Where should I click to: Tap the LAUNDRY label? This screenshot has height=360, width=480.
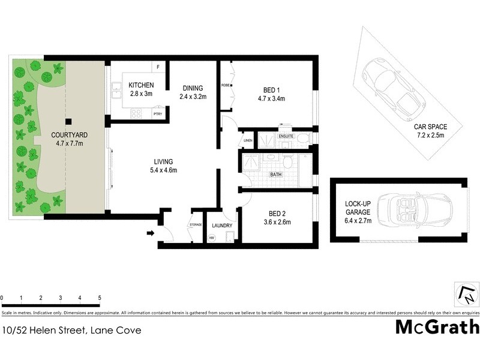click(222, 226)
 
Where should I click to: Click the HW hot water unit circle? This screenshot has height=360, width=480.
click(211, 238)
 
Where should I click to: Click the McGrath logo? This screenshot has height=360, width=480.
click(437, 327)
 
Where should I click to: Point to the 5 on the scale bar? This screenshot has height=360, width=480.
click(99, 298)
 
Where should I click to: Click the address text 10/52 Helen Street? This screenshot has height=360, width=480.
click(72, 329)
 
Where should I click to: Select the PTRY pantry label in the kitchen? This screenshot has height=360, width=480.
click(158, 114)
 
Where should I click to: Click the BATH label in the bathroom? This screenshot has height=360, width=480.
click(276, 175)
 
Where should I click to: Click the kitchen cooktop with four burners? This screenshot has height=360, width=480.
click(136, 113)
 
